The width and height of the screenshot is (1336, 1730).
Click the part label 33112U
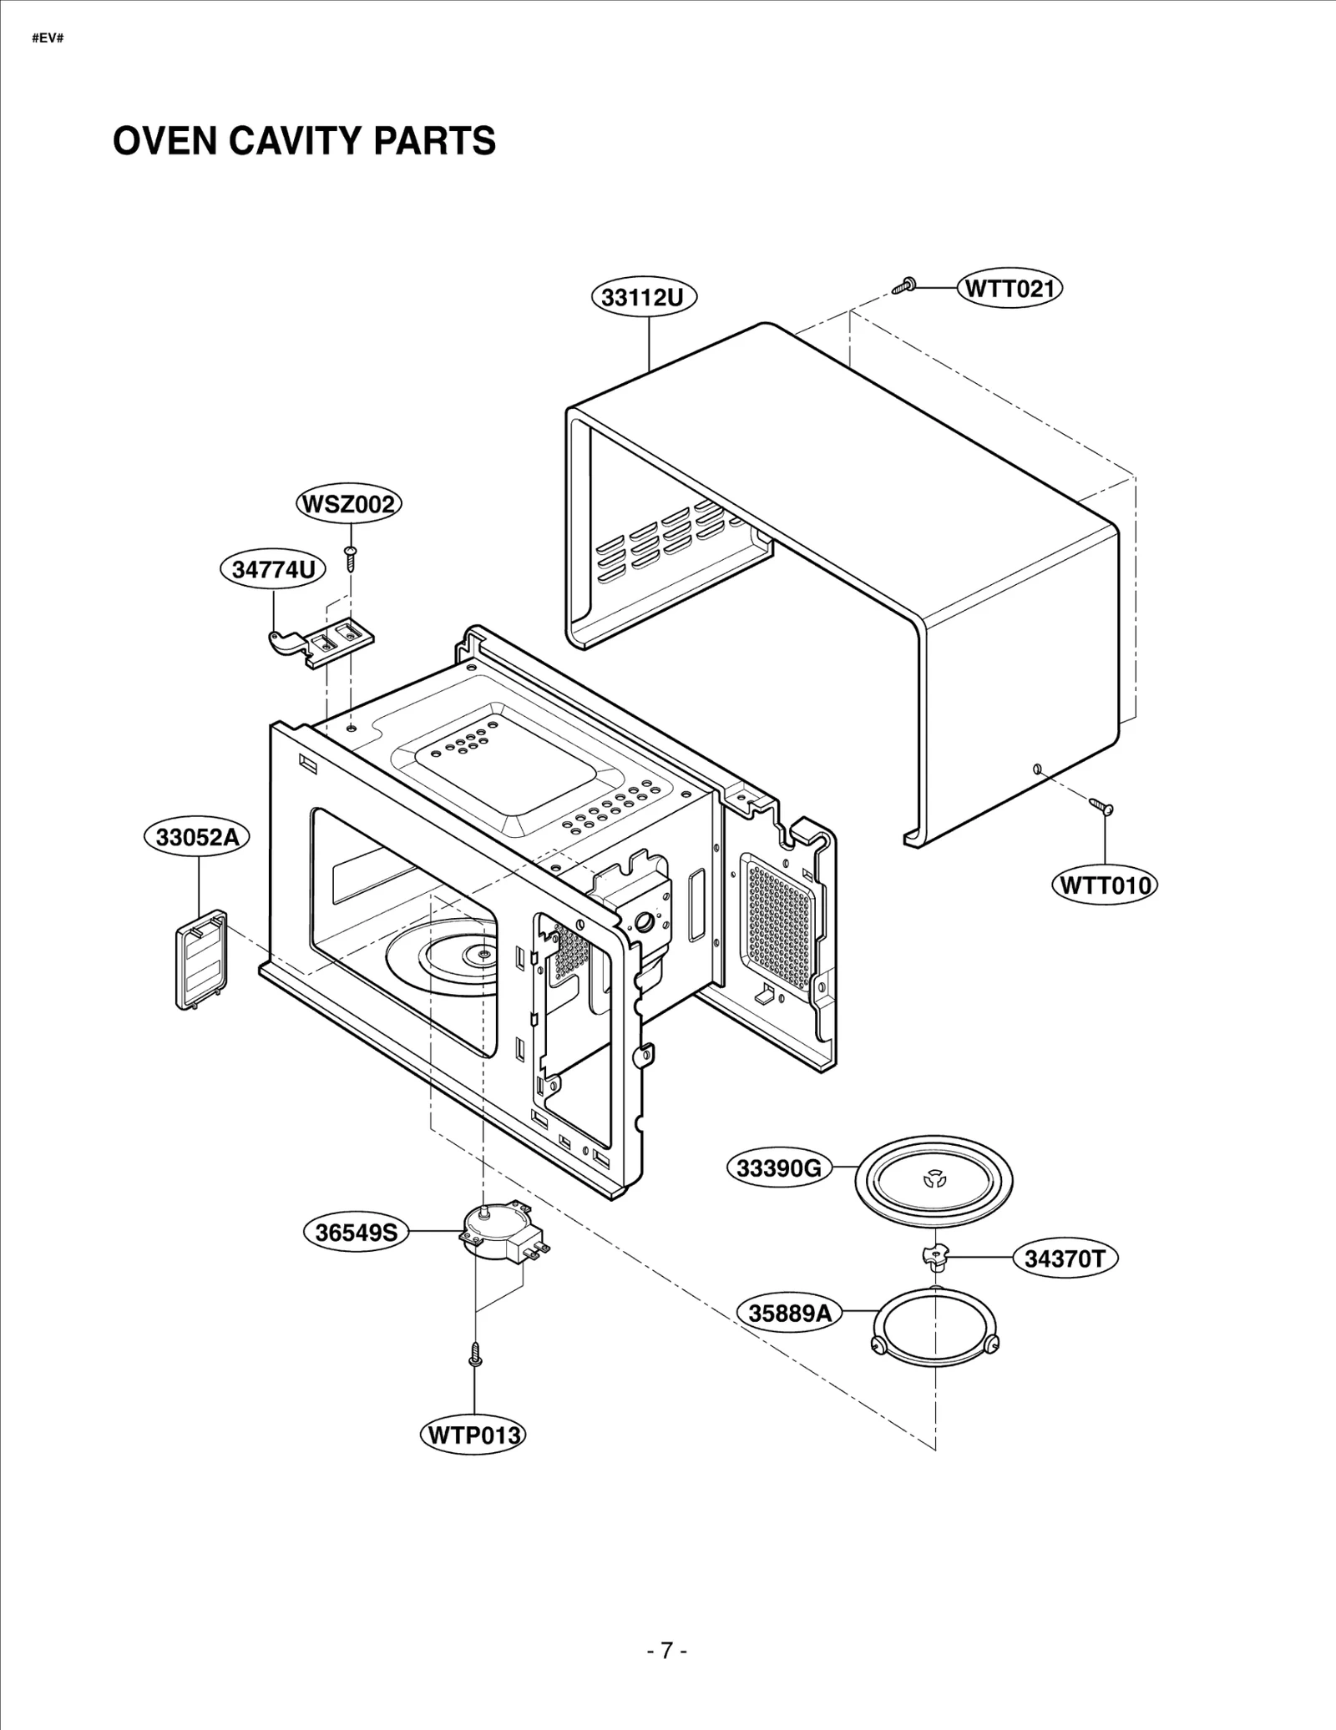[x=643, y=297]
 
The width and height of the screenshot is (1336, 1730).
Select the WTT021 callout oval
[x=1010, y=289]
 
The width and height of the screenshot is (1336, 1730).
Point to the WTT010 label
[x=1105, y=885]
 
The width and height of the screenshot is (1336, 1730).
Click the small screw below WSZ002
[x=351, y=557]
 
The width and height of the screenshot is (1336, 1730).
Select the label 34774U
[x=273, y=569]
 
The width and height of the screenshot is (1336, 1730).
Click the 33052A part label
[x=197, y=837]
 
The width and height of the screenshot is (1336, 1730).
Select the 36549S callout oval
[x=356, y=1232]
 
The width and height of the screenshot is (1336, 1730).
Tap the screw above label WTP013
[x=475, y=1354]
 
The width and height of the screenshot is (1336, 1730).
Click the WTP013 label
[x=473, y=1435]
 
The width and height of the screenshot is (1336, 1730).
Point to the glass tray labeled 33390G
[x=934, y=1181]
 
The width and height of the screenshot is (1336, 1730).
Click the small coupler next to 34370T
[x=935, y=1255]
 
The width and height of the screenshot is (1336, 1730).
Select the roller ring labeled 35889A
[x=935, y=1323]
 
